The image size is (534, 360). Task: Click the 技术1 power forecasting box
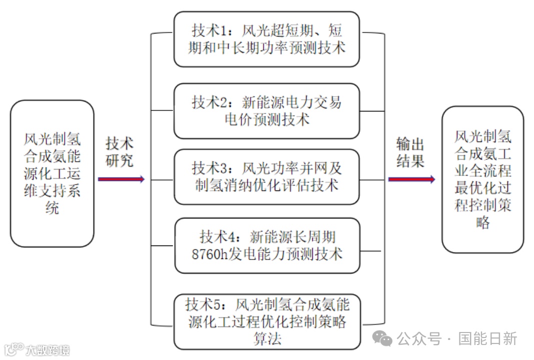point(267,39)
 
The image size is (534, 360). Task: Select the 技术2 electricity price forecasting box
point(267,110)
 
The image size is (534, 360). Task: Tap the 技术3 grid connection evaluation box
point(267,176)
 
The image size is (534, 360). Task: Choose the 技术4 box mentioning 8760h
point(267,245)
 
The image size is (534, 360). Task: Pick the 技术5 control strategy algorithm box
point(267,321)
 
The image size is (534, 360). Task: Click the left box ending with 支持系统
point(52,173)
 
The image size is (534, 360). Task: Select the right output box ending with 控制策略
point(482,179)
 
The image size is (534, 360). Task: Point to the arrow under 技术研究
point(121,179)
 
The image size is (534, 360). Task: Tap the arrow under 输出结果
point(411,179)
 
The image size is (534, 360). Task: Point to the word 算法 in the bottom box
point(267,338)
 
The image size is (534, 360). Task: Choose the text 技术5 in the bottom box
point(202,304)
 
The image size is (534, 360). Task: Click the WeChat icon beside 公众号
point(385,339)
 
